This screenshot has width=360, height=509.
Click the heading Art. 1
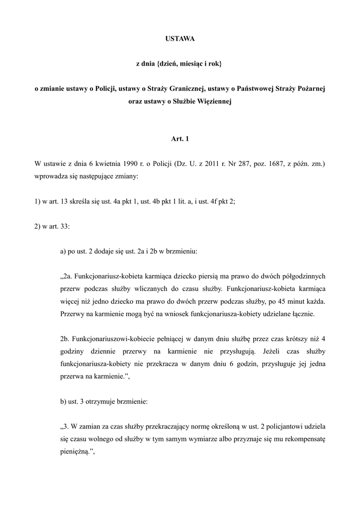coord(180,139)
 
